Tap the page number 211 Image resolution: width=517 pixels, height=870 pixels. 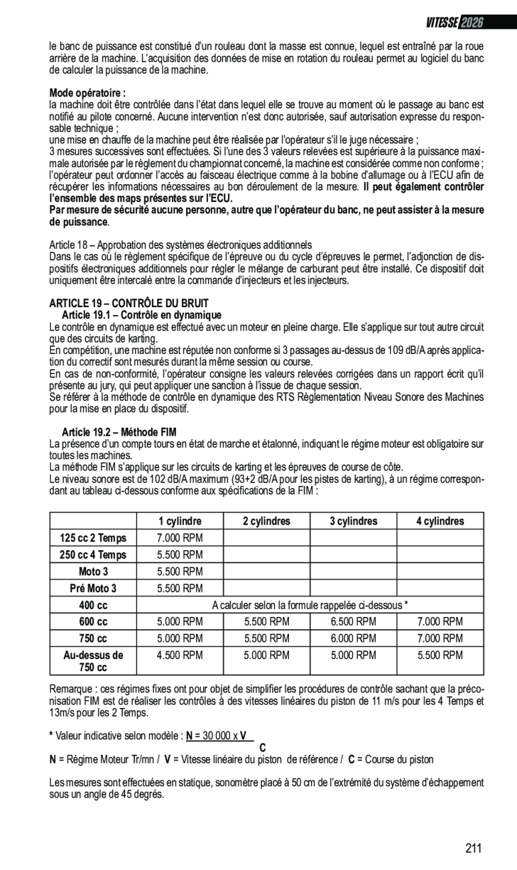[x=474, y=849]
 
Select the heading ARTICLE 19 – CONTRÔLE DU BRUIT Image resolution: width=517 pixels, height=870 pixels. [x=129, y=303]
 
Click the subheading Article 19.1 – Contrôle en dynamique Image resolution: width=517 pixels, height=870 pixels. [x=141, y=315]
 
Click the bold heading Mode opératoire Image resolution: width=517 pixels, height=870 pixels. [x=88, y=92]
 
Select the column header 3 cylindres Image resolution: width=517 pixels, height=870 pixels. [x=353, y=521]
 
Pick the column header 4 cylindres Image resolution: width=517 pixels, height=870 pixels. [x=440, y=521]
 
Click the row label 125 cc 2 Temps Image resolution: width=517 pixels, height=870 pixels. [x=93, y=538]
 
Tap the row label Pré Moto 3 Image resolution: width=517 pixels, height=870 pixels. [x=93, y=588]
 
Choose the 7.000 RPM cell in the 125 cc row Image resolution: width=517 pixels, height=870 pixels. [x=180, y=538]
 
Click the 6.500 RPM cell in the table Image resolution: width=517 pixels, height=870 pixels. [x=353, y=622]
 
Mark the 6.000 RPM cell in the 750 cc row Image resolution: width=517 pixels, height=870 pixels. [x=353, y=638]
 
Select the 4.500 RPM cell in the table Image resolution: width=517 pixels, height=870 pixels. [x=180, y=655]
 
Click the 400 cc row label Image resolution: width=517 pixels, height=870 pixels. [x=93, y=605]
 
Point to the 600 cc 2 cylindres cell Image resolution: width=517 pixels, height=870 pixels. [x=266, y=622]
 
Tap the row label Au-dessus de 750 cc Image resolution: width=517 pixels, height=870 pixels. [x=93, y=661]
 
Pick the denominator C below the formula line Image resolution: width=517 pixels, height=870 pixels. [x=263, y=747]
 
